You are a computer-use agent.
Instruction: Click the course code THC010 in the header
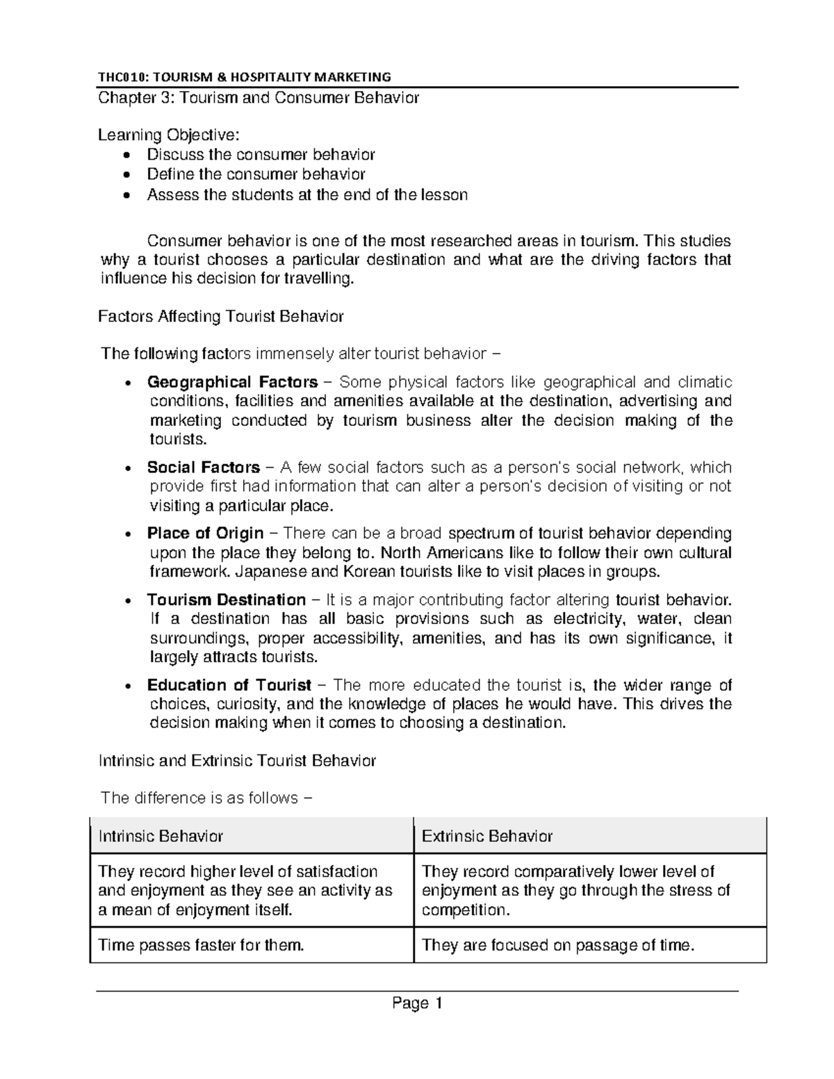tap(121, 76)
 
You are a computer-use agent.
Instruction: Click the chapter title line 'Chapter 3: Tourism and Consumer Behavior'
tap(259, 98)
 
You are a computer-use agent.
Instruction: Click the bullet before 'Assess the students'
tap(125, 196)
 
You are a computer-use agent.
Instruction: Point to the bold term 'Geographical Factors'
tap(232, 382)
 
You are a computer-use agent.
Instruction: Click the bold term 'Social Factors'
tap(203, 468)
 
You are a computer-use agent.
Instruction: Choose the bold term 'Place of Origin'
tap(205, 534)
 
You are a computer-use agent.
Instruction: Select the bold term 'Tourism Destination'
tap(226, 600)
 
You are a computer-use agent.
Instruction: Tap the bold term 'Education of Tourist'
tap(229, 685)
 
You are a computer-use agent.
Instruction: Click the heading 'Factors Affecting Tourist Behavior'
tap(221, 317)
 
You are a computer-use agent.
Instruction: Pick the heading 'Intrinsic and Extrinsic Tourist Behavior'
tap(237, 761)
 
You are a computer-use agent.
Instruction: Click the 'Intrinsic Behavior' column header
tap(161, 837)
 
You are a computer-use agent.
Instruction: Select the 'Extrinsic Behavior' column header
tap(486, 837)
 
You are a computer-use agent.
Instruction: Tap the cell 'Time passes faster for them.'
tap(202, 946)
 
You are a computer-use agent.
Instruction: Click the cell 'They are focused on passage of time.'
tap(558, 946)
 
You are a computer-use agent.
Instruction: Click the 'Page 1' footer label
tap(417, 1003)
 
